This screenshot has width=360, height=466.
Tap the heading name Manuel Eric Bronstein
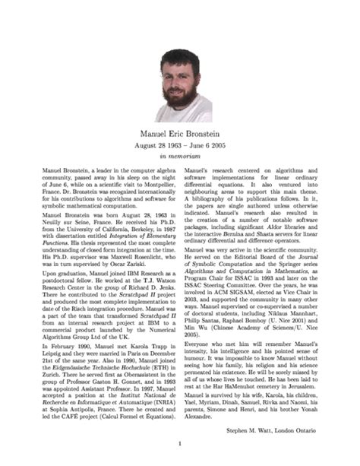pyautogui.click(x=180, y=133)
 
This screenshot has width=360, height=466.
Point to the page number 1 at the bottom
pyautogui.click(x=180, y=444)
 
